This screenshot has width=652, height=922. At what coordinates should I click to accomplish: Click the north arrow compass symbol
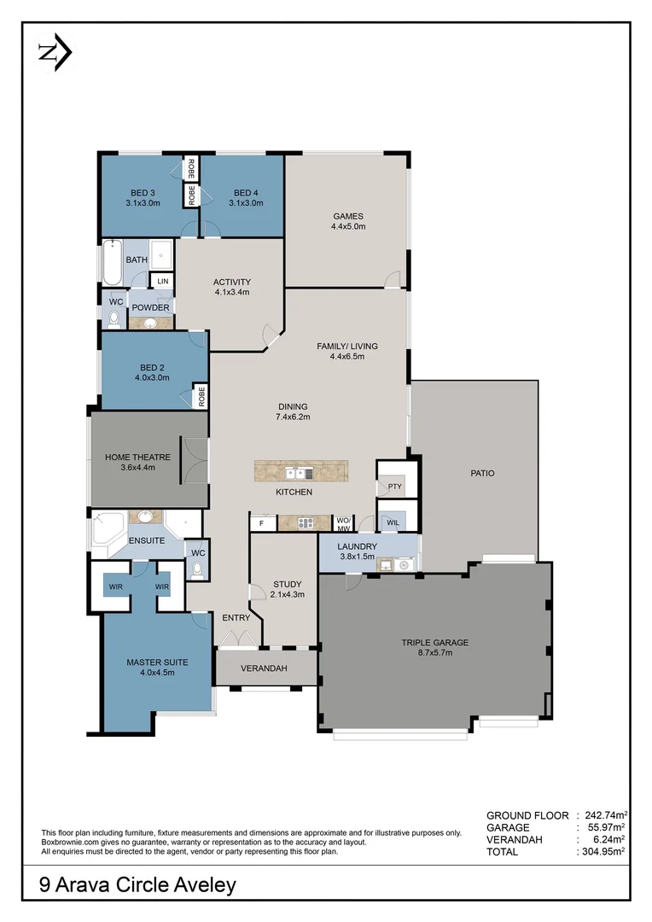tap(55, 52)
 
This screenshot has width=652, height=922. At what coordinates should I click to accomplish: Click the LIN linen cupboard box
tap(162, 282)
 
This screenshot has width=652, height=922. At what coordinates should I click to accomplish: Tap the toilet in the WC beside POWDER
tap(114, 318)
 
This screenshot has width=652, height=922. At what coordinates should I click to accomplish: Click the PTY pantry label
tap(394, 487)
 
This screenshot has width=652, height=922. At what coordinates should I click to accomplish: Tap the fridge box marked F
tap(262, 522)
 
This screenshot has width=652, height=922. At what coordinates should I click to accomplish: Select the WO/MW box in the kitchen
tap(344, 522)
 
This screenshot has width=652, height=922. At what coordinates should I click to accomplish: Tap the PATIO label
tap(482, 473)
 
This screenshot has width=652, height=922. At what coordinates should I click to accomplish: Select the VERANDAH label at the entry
tap(264, 668)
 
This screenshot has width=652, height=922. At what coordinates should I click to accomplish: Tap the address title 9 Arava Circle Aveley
tap(137, 885)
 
